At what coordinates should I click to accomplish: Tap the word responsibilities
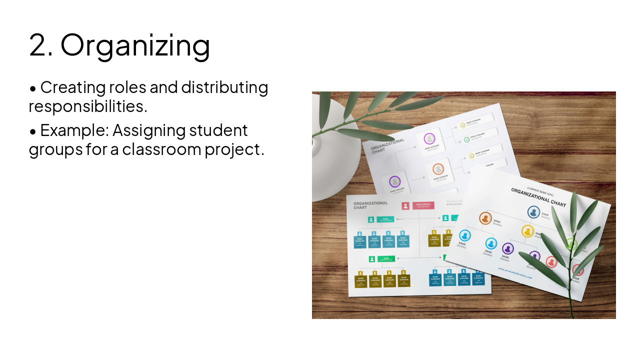tap(88, 106)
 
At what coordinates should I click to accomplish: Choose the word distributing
tap(224, 87)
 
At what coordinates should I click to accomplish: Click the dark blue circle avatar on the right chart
tap(533, 212)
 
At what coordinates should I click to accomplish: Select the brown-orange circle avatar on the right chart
tap(485, 218)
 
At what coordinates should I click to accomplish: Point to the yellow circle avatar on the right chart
tap(527, 231)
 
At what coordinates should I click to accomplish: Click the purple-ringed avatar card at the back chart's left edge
tap(395, 182)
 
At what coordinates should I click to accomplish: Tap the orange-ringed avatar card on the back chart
tap(438, 169)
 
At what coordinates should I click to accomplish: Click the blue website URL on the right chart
tap(515, 273)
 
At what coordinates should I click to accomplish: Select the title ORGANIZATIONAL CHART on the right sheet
tap(538, 197)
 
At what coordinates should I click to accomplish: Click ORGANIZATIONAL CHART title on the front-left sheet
tap(370, 205)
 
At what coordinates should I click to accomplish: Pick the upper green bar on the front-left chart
tap(385, 219)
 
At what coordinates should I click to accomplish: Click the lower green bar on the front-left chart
tap(386, 258)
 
